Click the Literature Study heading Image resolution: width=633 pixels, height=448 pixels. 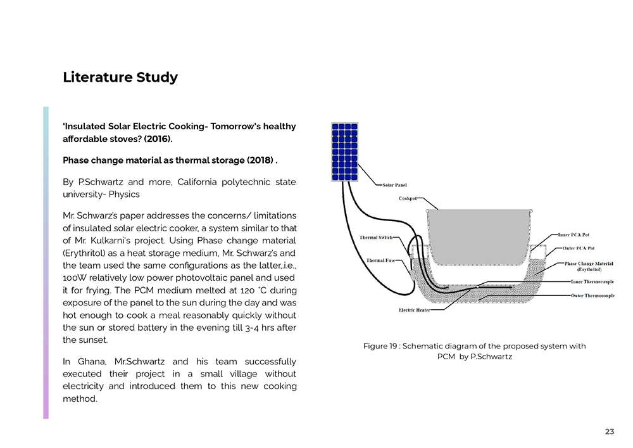tap(120, 77)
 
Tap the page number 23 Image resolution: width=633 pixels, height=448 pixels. tap(610, 432)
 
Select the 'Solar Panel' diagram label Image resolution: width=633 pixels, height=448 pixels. tap(395, 186)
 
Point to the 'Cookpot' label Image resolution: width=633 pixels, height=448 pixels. tap(408, 198)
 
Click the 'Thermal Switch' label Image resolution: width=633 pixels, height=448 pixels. tap(376, 238)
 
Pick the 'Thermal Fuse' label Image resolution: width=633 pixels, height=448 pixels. tap(380, 260)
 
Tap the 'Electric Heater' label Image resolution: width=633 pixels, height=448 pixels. tap(415, 310)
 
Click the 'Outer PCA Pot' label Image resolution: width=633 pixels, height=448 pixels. tap(578, 248)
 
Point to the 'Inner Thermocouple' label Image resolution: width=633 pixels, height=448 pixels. tap(592, 282)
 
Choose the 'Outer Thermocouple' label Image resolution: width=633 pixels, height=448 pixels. tap(592, 295)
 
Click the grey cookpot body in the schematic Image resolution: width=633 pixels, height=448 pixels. tap(477, 235)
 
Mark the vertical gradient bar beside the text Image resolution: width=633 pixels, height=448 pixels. tap(46, 262)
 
